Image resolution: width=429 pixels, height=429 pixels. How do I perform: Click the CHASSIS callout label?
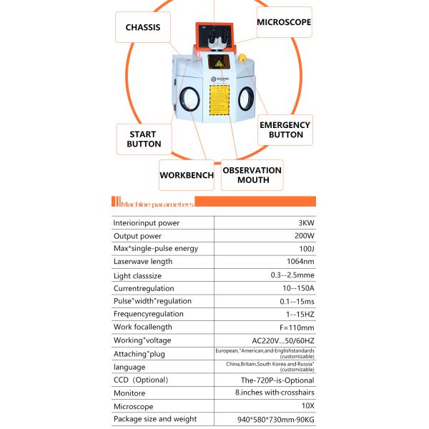coord(147,28)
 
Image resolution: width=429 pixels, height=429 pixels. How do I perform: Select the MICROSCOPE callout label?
coord(284,22)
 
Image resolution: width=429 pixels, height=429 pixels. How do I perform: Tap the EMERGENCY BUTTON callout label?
coord(285,129)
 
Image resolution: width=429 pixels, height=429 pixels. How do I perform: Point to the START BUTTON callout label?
coord(144,139)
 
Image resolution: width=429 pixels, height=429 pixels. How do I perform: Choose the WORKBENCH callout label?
coord(186,175)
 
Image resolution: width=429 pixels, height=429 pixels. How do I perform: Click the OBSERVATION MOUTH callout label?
coord(252,175)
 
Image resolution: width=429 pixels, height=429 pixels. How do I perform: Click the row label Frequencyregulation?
coord(148,314)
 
